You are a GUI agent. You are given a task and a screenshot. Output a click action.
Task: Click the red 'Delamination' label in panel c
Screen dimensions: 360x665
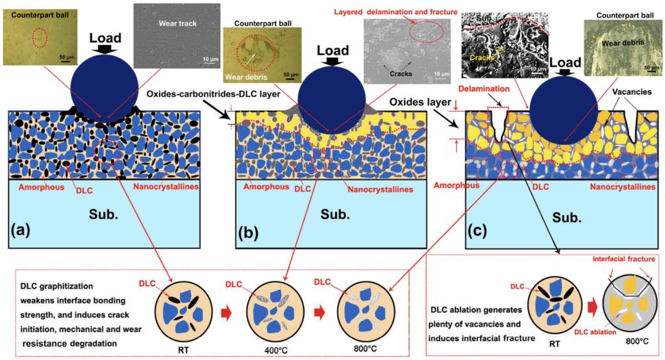pos(483,88)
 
